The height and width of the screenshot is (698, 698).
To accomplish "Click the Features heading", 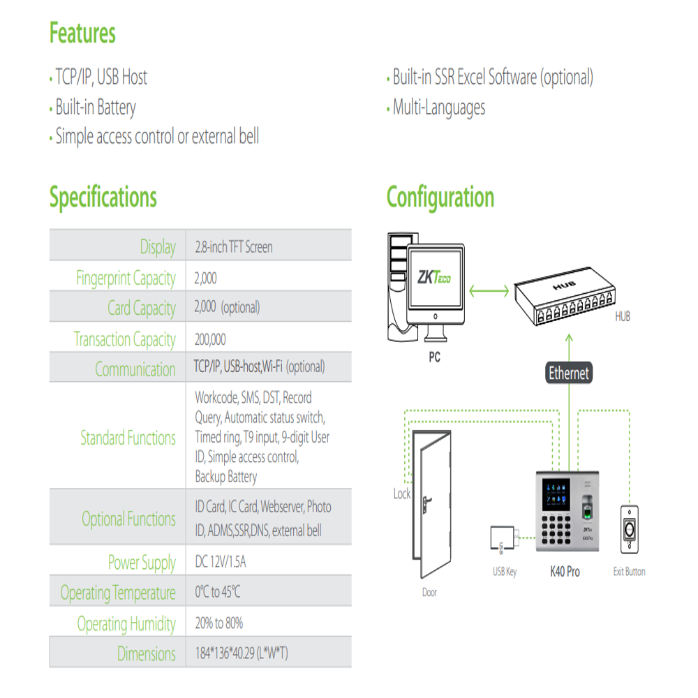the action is pyautogui.click(x=82, y=33).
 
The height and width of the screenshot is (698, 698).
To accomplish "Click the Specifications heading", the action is pyautogui.click(x=103, y=197).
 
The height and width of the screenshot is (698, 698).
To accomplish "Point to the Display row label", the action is pyautogui.click(x=158, y=246).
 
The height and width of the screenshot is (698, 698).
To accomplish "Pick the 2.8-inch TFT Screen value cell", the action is pyautogui.click(x=234, y=246).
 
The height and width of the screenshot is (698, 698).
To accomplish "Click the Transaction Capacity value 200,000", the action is pyautogui.click(x=210, y=339).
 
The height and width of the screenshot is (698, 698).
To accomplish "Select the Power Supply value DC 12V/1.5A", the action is pyautogui.click(x=221, y=562).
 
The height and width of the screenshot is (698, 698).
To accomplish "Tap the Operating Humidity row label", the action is pyautogui.click(x=126, y=623).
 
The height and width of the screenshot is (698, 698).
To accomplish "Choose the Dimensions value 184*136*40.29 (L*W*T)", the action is pyautogui.click(x=242, y=653).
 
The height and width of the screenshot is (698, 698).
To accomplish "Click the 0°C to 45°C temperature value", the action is pyautogui.click(x=217, y=592).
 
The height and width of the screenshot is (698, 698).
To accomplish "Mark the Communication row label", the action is pyautogui.click(x=135, y=369).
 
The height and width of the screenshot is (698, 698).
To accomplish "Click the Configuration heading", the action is pyautogui.click(x=440, y=198).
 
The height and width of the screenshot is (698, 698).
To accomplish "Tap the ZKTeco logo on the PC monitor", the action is pyautogui.click(x=434, y=277).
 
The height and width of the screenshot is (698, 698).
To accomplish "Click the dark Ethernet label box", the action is pyautogui.click(x=569, y=373).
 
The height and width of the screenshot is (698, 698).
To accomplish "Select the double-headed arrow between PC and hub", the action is pyautogui.click(x=489, y=291).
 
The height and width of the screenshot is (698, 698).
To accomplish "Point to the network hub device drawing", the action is pyautogui.click(x=565, y=295).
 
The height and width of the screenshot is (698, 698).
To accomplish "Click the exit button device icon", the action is pyautogui.click(x=629, y=529).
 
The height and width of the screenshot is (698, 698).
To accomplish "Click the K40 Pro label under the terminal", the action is pyautogui.click(x=565, y=572).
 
